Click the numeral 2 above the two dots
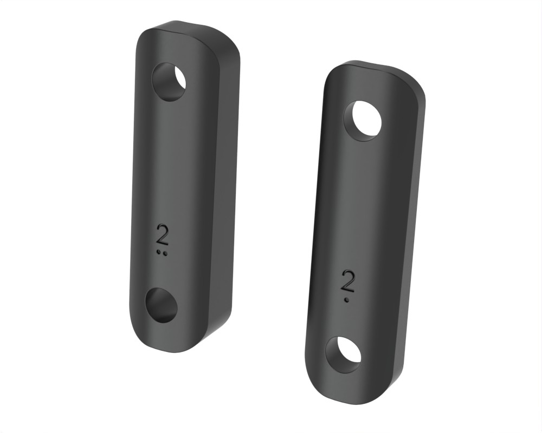point(163,235)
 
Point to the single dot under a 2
point(346,300)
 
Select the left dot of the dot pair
point(159,253)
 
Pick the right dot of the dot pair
point(166,253)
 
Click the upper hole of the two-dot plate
point(169,82)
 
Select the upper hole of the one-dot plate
point(362,121)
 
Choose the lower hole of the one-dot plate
point(344,355)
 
